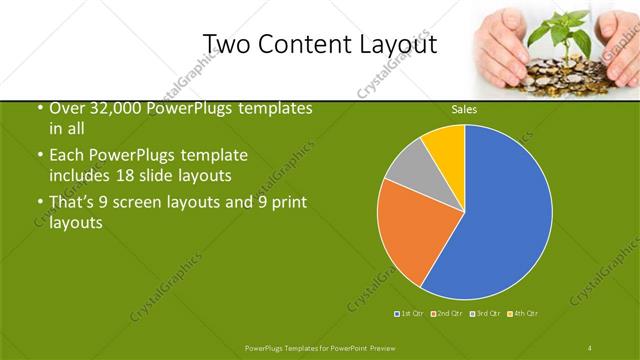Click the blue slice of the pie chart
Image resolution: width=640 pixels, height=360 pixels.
(x=505, y=215)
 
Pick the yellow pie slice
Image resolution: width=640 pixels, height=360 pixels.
(x=446, y=144)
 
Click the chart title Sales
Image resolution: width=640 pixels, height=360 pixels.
(x=464, y=108)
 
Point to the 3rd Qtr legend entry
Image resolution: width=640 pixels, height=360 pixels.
(x=485, y=313)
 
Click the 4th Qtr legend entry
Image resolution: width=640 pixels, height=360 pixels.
(x=523, y=313)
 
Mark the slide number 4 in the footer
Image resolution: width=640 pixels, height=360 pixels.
(x=590, y=347)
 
